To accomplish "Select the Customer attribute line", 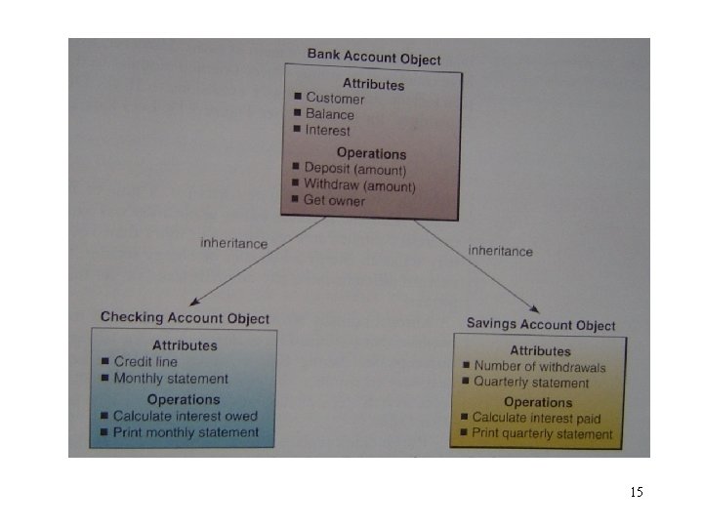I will pos(335,99).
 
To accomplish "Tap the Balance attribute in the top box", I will pos(330,114).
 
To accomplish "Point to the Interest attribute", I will pos(328,130).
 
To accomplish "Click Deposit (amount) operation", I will pos(353,169).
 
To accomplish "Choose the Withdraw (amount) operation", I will pos(359,185).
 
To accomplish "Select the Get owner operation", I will pos(334,201).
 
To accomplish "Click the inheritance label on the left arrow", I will pos(233,244).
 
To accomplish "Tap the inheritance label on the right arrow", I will pos(500,251).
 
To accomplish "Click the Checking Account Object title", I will pos(186,318).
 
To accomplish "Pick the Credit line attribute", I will pos(145,362).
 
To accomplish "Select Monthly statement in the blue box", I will pos(171,379).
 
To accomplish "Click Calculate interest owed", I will pos(186,416).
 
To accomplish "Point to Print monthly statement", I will pos(186,432).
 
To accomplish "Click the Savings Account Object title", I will pos(541,325).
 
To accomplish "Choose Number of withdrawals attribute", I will pos(540,368).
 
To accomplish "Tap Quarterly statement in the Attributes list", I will pos(531,384).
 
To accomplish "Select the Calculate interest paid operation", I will pos(536,418).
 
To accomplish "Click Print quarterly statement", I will pos(542,433).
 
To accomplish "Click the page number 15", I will pos(637,492).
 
